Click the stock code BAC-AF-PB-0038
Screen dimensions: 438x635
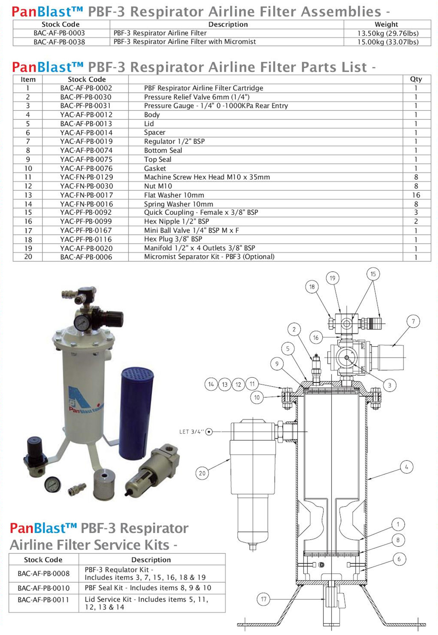(x=59, y=42)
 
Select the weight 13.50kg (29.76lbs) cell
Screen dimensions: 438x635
(x=388, y=33)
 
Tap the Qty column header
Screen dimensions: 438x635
(x=416, y=79)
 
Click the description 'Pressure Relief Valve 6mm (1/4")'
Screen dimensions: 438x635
(x=197, y=97)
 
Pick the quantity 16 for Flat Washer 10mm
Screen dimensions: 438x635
(x=416, y=195)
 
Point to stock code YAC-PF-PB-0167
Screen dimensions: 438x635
(x=86, y=231)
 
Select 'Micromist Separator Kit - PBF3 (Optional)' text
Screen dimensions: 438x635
(x=209, y=257)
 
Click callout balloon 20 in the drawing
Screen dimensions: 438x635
(x=202, y=473)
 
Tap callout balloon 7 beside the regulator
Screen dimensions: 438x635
(x=413, y=321)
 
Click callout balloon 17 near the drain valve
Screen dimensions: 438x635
(x=264, y=599)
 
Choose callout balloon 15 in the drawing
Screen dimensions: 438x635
(x=373, y=274)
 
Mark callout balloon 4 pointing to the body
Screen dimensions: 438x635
(x=407, y=467)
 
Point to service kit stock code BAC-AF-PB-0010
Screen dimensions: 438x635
(x=43, y=588)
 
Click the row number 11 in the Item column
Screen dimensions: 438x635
(x=28, y=177)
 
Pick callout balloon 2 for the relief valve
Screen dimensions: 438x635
(x=294, y=329)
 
